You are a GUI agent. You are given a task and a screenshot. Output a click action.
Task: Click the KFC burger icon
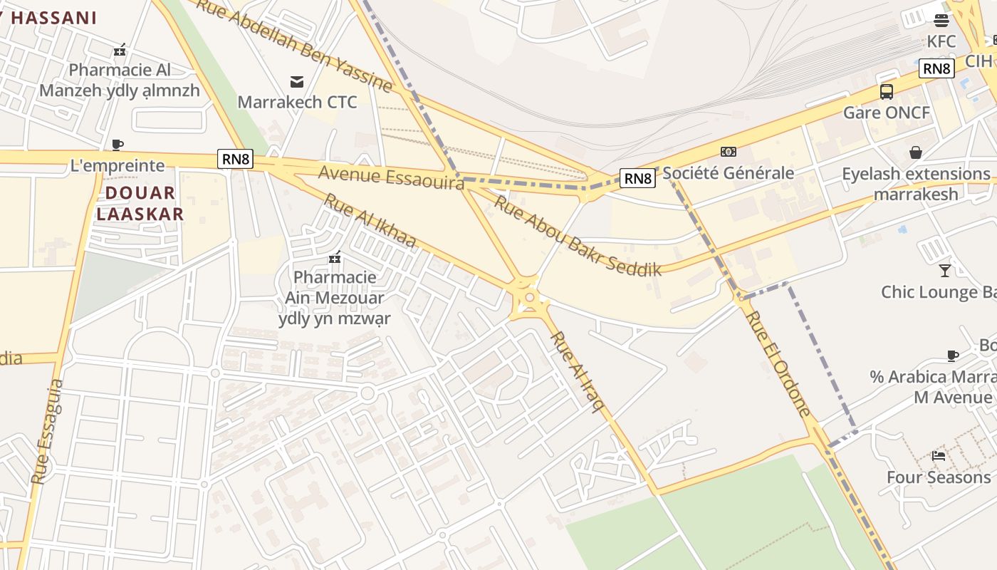point(941,20)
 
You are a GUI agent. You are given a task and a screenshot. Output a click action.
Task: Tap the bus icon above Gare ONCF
point(886,91)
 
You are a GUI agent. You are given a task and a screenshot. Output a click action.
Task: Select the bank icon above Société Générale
point(728,152)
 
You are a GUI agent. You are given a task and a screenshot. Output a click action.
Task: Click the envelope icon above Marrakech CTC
point(297,81)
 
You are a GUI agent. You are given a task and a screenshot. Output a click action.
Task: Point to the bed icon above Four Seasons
point(939,455)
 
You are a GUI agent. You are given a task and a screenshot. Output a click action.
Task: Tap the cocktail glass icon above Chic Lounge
point(944,270)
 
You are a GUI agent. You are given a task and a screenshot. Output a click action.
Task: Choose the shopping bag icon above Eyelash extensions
point(916,152)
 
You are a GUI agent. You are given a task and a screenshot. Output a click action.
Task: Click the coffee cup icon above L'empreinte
point(118,145)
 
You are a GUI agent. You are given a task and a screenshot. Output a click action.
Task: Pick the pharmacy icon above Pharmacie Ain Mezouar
point(335,256)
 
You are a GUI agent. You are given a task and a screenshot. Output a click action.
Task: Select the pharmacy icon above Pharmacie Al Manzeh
point(120,50)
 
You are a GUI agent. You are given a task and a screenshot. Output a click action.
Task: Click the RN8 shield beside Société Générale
point(637,178)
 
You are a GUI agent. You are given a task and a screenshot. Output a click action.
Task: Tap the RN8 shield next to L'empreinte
point(236,159)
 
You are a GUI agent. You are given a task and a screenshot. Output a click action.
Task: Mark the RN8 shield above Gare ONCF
point(936,68)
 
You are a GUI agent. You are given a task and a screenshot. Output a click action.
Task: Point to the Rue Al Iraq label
point(578,371)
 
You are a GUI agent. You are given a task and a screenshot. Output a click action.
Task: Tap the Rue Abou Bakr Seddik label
point(578,236)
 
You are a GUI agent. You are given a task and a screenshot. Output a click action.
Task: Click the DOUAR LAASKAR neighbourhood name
point(140,203)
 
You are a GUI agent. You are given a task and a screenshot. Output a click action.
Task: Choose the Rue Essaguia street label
point(47,432)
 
